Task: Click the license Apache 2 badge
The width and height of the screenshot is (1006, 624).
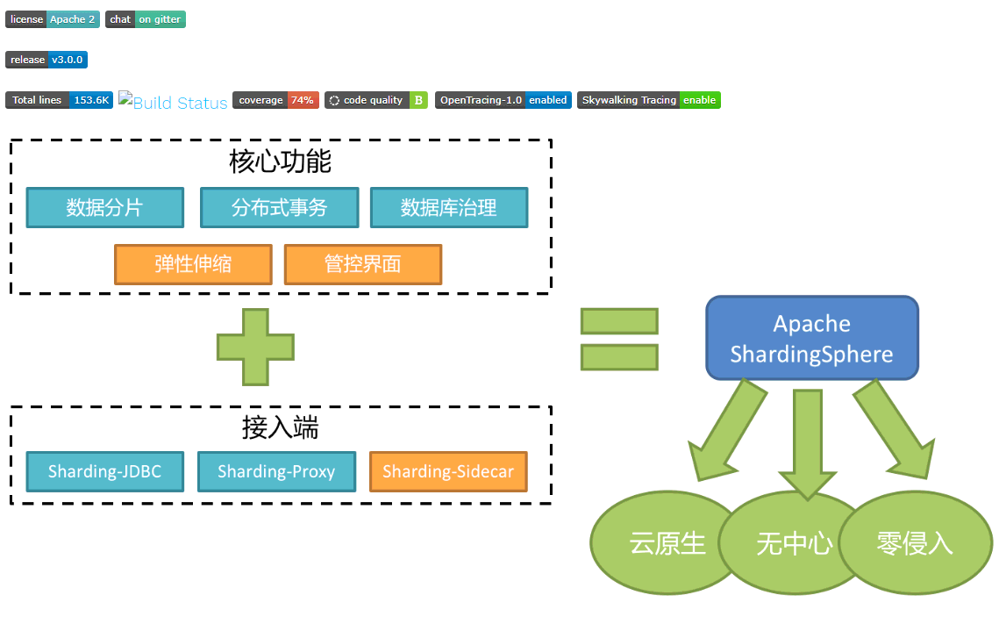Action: point(53,19)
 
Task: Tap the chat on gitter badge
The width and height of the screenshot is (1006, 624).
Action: point(146,19)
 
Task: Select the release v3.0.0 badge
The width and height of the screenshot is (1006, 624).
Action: point(46,60)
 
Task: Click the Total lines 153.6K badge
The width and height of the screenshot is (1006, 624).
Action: point(59,100)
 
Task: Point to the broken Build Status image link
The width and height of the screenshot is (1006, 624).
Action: point(173,102)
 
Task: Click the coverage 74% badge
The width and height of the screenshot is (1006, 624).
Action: point(275,100)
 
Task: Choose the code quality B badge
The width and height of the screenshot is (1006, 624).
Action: point(375,100)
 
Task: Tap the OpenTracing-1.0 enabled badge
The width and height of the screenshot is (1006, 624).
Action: point(503,100)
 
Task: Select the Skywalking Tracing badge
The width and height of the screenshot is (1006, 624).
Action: point(648,100)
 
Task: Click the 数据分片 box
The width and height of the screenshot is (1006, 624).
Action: point(104,208)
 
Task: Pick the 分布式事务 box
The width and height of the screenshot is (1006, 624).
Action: point(279,208)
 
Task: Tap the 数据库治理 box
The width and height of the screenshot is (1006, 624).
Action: point(448,208)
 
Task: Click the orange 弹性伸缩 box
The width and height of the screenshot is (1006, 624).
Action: point(193,264)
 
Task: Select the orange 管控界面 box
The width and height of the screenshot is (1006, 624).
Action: point(362,264)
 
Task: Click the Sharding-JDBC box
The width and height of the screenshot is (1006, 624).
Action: point(104,472)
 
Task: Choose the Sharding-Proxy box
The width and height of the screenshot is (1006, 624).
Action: point(276,472)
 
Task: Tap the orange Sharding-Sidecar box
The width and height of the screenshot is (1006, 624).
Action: point(447,472)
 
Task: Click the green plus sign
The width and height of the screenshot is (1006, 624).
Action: point(255,347)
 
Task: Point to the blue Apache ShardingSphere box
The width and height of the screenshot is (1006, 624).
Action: point(811,339)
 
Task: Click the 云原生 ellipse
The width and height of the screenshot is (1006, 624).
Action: point(667,543)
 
